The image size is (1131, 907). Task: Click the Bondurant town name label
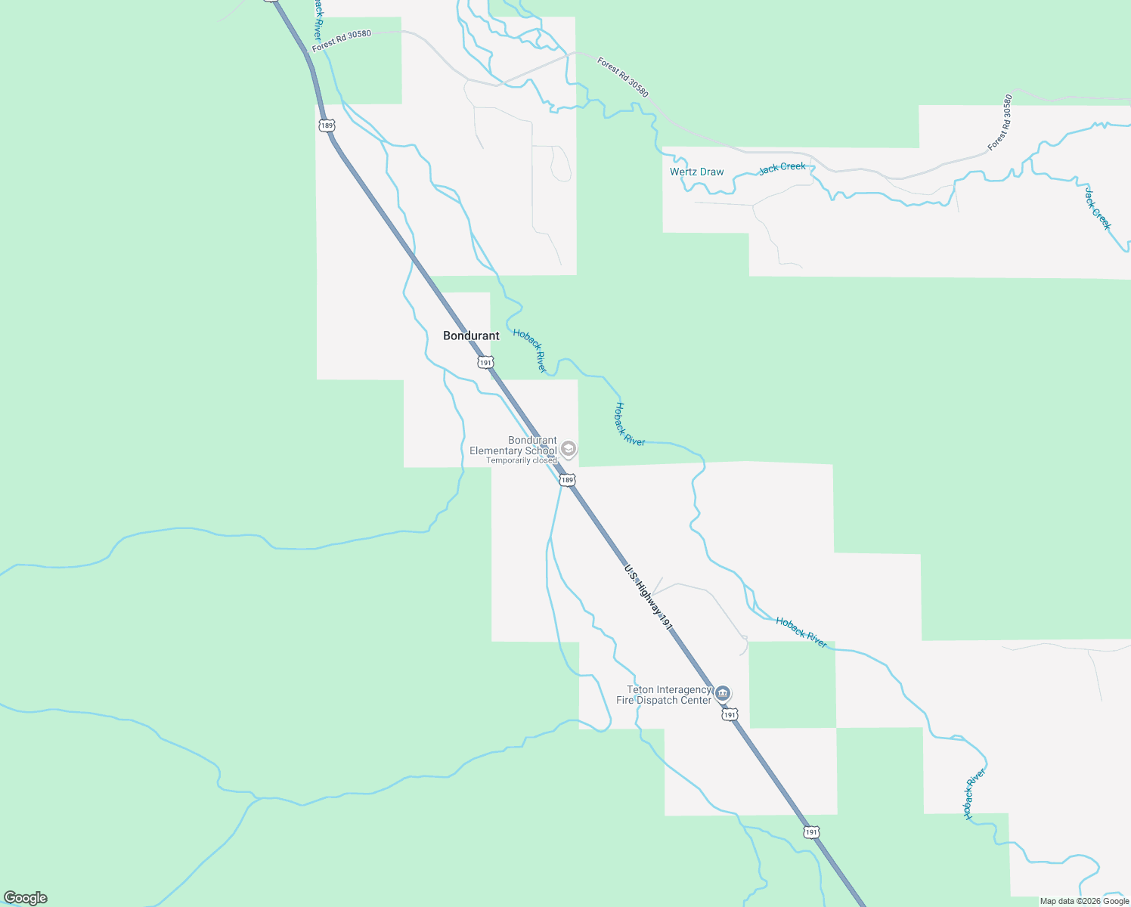pos(471,336)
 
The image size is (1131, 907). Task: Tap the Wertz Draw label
pos(696,172)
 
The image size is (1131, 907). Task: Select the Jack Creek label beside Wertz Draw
pos(782,167)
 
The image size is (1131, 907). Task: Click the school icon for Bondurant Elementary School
pos(569,449)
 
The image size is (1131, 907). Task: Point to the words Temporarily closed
pos(521,460)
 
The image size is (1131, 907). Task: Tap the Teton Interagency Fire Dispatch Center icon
pos(723,693)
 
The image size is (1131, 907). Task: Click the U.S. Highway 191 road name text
pos(648,597)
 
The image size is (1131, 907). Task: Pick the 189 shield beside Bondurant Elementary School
pos(567,480)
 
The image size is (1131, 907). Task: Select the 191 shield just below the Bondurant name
pos(485,363)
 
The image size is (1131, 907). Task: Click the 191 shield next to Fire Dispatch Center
pos(729,715)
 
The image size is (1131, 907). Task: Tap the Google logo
pos(25,898)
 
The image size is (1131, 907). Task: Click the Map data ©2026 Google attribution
pos(1084,901)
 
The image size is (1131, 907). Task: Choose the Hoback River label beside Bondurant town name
pos(529,350)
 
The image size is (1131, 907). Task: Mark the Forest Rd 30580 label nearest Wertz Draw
pos(622,77)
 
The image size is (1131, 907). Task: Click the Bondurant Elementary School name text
pos(513,445)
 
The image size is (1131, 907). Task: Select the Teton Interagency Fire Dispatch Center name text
pos(664,695)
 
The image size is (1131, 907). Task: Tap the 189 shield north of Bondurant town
pos(326,125)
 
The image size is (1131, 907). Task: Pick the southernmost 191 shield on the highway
pos(810,832)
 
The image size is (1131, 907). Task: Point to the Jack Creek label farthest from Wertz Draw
pos(1098,209)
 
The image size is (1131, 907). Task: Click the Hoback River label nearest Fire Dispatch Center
pos(801,632)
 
